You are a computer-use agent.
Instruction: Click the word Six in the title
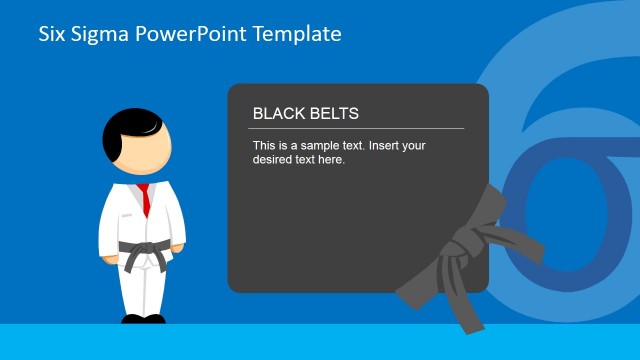[50, 34]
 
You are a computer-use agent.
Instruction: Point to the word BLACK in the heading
[277, 114]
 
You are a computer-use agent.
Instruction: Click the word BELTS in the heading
[332, 114]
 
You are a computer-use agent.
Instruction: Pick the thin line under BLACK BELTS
[356, 128]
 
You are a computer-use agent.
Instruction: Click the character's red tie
[145, 199]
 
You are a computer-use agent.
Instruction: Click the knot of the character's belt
[144, 247]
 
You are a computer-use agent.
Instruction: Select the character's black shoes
[142, 320]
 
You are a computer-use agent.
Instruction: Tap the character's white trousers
[142, 290]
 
